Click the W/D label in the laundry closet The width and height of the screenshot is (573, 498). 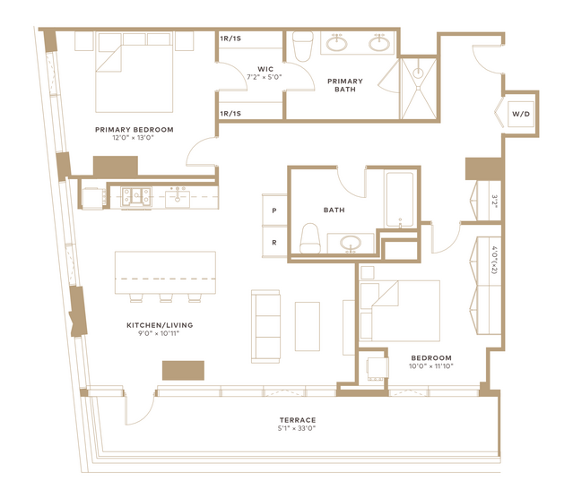click(521, 114)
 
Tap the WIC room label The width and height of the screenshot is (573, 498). click(265, 69)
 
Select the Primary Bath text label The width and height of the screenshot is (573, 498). click(345, 85)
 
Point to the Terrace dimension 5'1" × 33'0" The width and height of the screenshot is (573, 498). click(297, 428)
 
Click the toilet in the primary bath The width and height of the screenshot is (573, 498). click(303, 46)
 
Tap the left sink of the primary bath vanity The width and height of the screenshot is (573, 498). click(336, 44)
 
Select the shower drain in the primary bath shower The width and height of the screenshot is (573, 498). click(418, 73)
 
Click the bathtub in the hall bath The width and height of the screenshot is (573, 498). click(400, 200)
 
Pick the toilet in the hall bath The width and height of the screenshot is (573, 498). click(310, 239)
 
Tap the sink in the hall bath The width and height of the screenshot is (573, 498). click(351, 243)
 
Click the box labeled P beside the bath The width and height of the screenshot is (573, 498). click(274, 210)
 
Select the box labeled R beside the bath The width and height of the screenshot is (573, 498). click(274, 243)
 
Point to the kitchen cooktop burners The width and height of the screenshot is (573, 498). click(136, 197)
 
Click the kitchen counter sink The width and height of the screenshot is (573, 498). click(178, 198)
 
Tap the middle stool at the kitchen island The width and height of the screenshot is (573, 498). click(166, 298)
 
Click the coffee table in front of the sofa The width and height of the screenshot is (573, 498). click(308, 326)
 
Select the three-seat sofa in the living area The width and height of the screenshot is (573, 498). click(265, 326)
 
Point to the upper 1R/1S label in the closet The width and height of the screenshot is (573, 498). click(230, 39)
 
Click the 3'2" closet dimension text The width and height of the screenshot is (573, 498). click(494, 202)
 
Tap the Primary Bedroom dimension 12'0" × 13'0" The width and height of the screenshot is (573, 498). click(134, 138)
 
